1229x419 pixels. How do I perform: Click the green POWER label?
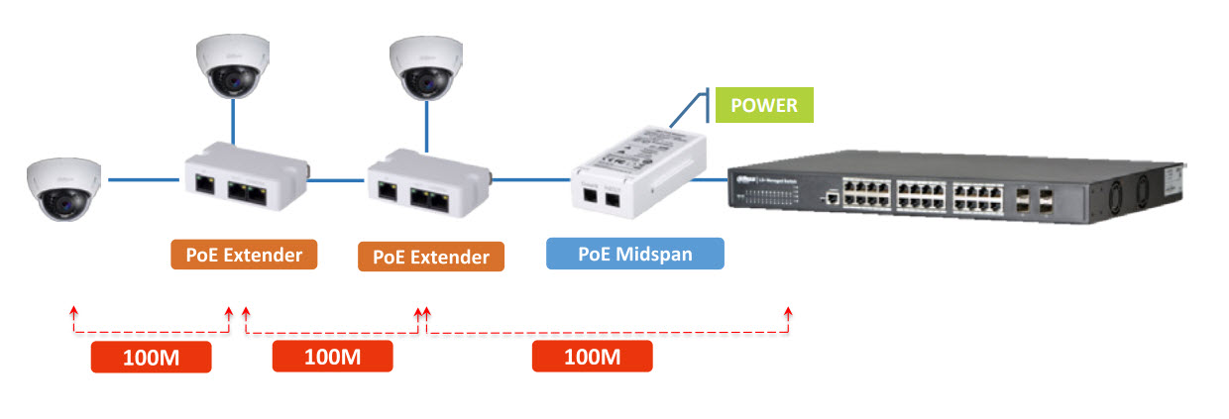tap(764, 105)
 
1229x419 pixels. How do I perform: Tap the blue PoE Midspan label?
tap(635, 254)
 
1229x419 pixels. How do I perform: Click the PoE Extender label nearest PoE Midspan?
tap(431, 257)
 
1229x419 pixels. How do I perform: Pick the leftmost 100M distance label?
tap(151, 357)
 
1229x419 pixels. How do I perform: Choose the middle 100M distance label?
tap(332, 357)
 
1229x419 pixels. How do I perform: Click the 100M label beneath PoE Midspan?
tap(592, 357)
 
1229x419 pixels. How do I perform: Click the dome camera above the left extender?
tap(233, 67)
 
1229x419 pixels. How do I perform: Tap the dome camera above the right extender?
tap(427, 67)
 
